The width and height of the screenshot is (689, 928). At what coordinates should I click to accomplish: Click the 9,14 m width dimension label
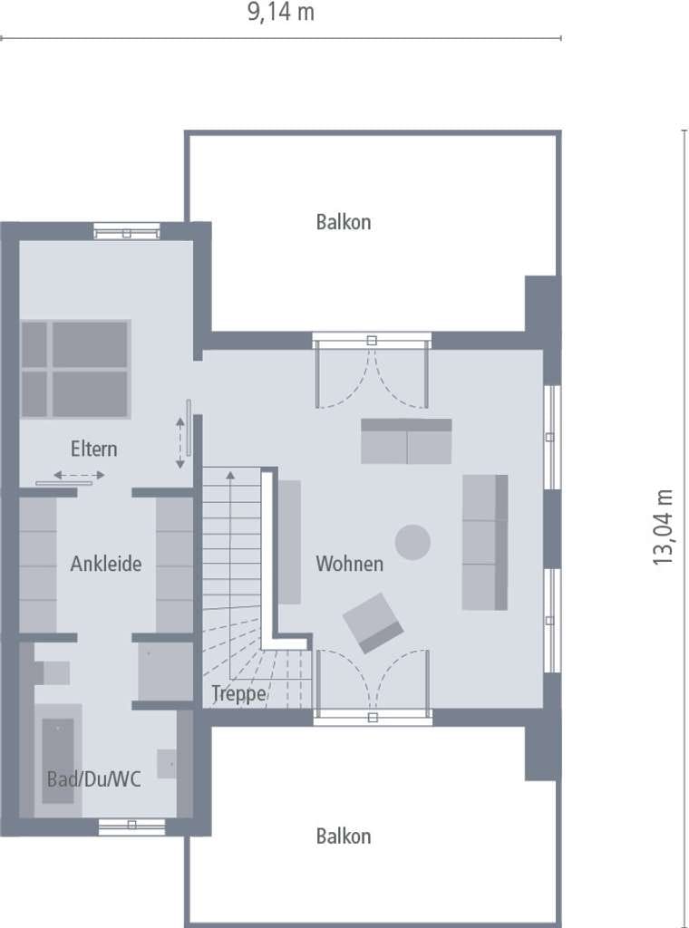click(x=280, y=13)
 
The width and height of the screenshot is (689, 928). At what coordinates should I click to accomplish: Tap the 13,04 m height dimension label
click(x=663, y=527)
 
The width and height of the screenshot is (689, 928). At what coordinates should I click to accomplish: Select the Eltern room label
click(x=93, y=449)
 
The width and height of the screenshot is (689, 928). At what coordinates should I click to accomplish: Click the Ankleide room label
click(x=106, y=564)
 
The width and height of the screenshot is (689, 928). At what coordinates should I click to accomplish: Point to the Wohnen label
click(x=349, y=564)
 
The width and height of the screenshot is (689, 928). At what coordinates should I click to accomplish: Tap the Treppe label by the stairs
click(x=239, y=693)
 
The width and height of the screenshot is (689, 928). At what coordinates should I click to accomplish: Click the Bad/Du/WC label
click(x=94, y=778)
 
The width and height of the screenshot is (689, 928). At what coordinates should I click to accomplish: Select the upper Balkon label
click(x=344, y=222)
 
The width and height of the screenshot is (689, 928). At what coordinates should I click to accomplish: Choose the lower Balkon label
click(x=344, y=836)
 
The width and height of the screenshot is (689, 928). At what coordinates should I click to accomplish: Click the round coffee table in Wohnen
click(x=412, y=542)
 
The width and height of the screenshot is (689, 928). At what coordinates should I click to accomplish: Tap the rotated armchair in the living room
click(x=373, y=623)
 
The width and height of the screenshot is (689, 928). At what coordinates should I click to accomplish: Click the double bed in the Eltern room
click(x=75, y=370)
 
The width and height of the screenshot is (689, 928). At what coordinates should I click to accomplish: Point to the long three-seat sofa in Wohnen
click(x=485, y=542)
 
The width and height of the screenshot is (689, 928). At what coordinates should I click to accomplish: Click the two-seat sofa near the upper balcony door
click(x=406, y=441)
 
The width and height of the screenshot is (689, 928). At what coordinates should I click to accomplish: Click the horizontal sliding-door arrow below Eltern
click(x=79, y=475)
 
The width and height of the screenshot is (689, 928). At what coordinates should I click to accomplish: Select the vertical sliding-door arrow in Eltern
click(x=180, y=442)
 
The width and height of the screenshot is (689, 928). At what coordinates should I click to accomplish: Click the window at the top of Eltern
click(x=127, y=231)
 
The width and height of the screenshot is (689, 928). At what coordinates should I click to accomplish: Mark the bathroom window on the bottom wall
click(x=131, y=826)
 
